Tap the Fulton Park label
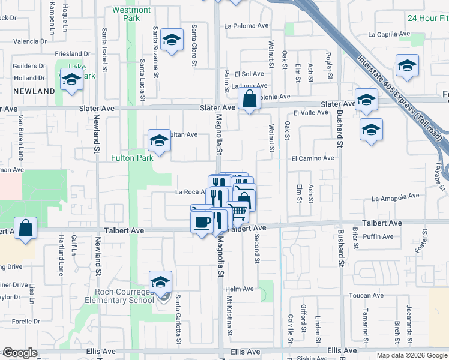[x=131, y=158]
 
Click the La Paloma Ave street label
[x=246, y=26]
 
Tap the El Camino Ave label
[x=312, y=158]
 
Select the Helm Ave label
[x=240, y=289]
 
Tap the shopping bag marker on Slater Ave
[x=249, y=99]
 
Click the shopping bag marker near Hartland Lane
[x=26, y=229]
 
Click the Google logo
[x=20, y=353]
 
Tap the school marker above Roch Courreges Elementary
[x=160, y=281]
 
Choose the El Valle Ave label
[x=310, y=113]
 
